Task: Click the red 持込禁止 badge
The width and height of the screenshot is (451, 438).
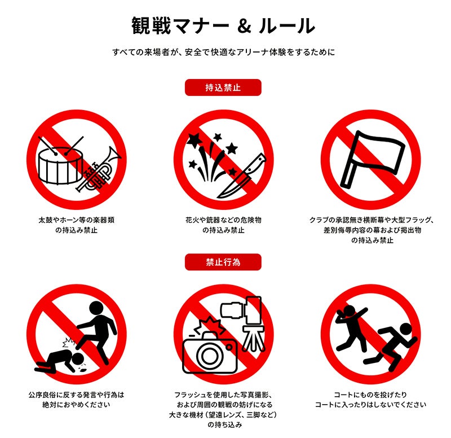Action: (223, 87)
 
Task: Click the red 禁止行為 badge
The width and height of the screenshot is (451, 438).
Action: (223, 262)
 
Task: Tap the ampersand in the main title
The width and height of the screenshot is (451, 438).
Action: (244, 26)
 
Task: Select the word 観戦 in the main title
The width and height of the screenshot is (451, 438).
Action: (151, 26)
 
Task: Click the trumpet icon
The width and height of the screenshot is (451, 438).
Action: (98, 170)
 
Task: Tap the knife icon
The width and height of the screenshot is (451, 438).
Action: (242, 176)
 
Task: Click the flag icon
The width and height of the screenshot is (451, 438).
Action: (373, 159)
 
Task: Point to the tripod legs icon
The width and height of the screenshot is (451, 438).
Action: (253, 340)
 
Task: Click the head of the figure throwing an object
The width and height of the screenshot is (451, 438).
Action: (350, 312)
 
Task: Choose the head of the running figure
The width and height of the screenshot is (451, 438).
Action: (406, 330)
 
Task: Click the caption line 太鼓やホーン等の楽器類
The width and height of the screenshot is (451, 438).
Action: (77, 220)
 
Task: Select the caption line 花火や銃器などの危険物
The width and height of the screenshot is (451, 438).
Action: (223, 220)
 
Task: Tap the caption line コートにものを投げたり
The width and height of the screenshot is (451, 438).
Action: (370, 395)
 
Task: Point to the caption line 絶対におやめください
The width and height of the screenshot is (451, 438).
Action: (77, 405)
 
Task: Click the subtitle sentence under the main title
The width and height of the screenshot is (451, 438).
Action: (224, 52)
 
